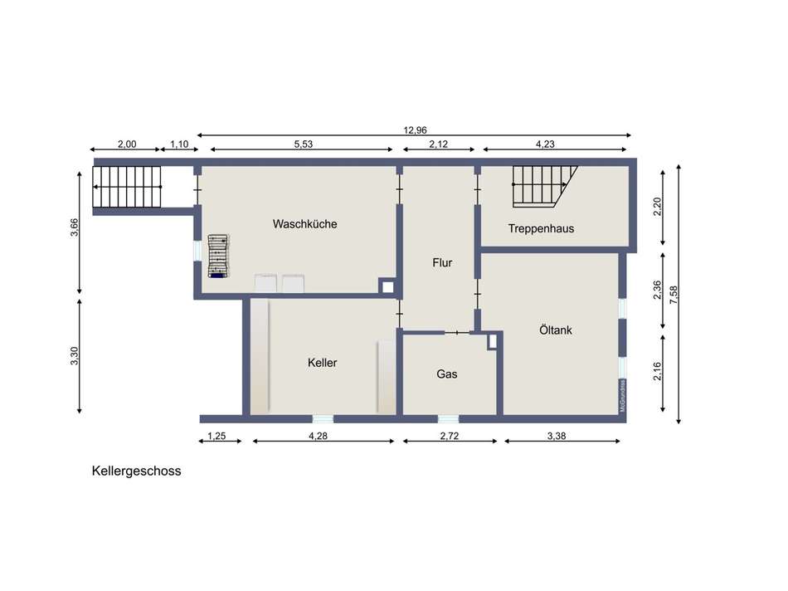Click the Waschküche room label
(x=304, y=223)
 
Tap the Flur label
(x=442, y=262)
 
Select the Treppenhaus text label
(x=541, y=228)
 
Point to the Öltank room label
(x=555, y=330)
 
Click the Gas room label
(x=447, y=374)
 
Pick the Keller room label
(x=322, y=363)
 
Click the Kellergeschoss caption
(x=136, y=471)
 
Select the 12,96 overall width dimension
(x=415, y=129)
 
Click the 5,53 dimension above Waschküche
(x=303, y=144)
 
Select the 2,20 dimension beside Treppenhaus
(x=657, y=207)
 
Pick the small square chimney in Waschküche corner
(x=387, y=286)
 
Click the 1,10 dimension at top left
(x=179, y=144)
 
